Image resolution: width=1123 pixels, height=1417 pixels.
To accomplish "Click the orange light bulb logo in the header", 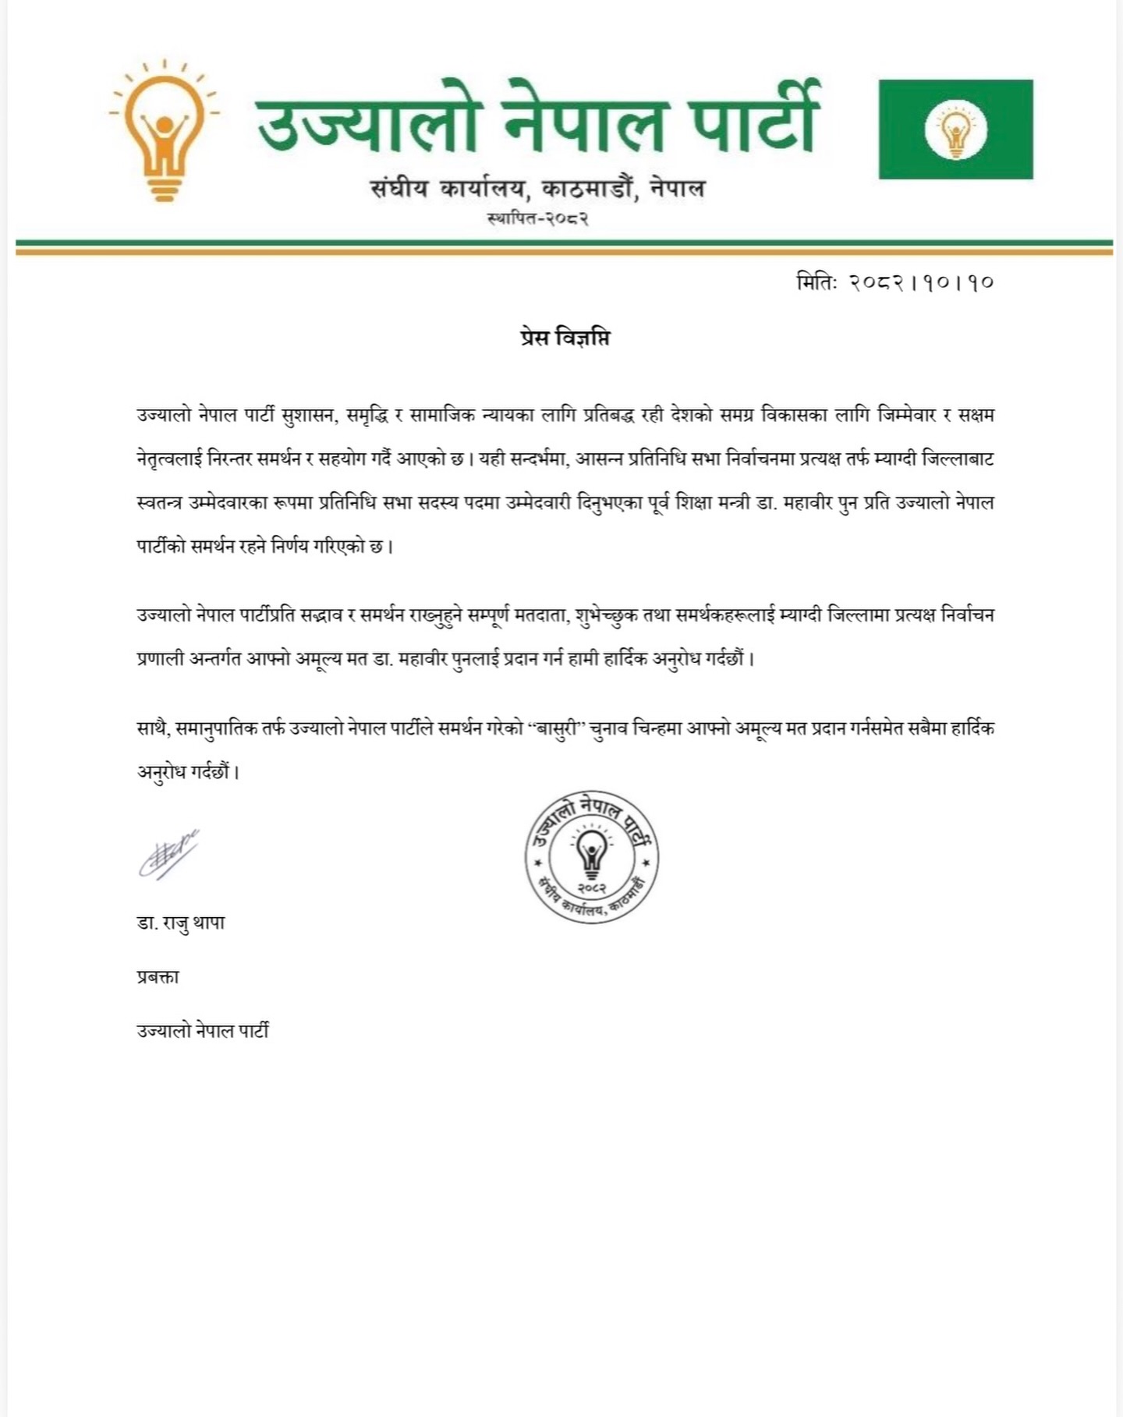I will coord(164,133).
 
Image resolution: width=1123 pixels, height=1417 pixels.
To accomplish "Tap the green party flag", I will coord(955,129).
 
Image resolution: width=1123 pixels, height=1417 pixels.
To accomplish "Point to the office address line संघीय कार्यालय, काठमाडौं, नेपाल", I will coord(538,188).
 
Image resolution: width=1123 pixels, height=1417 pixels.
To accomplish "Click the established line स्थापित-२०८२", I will coord(538,218).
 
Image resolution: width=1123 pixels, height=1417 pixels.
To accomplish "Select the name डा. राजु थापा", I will coord(181,923).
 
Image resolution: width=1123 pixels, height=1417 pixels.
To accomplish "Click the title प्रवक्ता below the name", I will coord(158,976).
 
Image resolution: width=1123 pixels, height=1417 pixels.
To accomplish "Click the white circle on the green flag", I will coord(955,129).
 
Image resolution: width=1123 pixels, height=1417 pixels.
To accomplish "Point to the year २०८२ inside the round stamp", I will coord(592,888).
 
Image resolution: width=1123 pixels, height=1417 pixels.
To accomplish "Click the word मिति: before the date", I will coord(817,282).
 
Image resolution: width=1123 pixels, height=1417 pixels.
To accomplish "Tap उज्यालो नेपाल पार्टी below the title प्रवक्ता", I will coord(203,1031).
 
